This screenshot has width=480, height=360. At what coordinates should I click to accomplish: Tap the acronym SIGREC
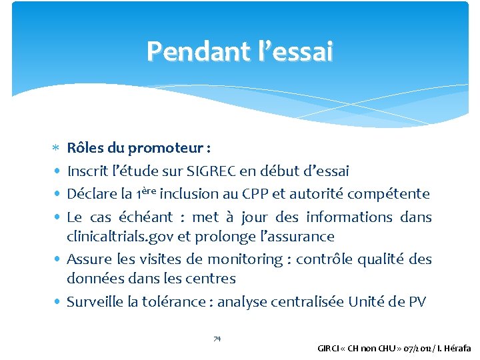230,171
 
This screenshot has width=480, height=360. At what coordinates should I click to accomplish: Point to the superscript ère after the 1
166,191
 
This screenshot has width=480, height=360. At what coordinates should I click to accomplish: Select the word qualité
383,259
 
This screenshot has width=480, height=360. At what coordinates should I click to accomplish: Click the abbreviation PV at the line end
416,302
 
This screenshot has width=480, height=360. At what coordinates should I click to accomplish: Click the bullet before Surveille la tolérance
59,301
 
